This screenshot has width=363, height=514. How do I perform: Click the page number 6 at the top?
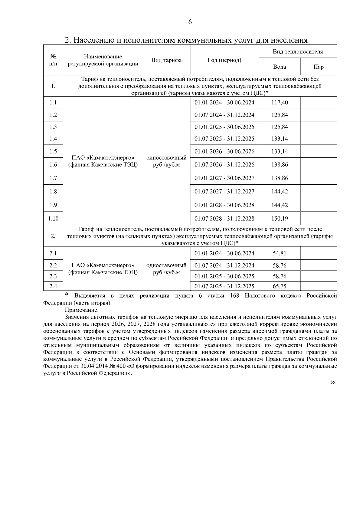click(190, 22)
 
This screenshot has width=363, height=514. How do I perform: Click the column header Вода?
click(279, 67)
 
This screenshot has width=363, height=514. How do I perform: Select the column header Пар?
click(319, 67)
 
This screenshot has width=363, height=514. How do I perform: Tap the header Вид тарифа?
click(166, 60)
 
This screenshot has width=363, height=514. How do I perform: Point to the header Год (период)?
click(224, 60)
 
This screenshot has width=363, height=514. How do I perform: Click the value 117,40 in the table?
click(280, 103)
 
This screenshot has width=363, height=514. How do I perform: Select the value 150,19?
click(280, 219)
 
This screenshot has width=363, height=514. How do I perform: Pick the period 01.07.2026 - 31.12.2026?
click(224, 165)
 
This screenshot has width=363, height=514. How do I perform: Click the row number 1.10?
click(53, 219)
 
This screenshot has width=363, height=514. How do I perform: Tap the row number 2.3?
click(53, 276)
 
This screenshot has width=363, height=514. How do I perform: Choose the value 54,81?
click(280, 253)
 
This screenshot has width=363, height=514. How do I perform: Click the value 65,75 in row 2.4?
click(280, 286)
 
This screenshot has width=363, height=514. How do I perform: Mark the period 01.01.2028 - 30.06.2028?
click(224, 205)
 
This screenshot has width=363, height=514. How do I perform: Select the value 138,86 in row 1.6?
click(280, 165)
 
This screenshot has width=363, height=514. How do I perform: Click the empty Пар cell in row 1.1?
click(319, 103)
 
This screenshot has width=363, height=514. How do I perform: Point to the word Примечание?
click(82, 310)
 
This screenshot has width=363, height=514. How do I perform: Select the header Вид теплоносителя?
click(298, 52)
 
